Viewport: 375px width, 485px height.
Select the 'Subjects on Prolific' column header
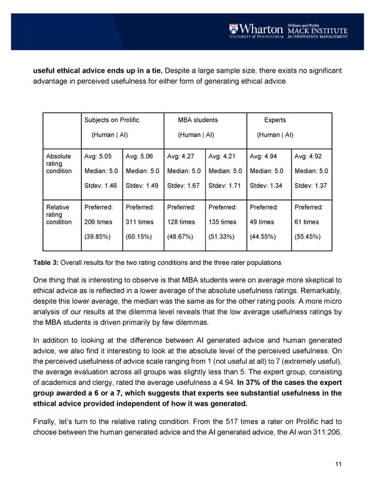click(x=111, y=119)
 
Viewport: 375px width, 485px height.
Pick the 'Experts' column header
click(x=276, y=119)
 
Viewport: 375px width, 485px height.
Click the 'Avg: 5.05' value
click(x=97, y=156)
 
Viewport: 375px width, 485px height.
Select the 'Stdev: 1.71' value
click(x=226, y=185)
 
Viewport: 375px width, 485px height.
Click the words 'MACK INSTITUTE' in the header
click(x=317, y=31)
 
